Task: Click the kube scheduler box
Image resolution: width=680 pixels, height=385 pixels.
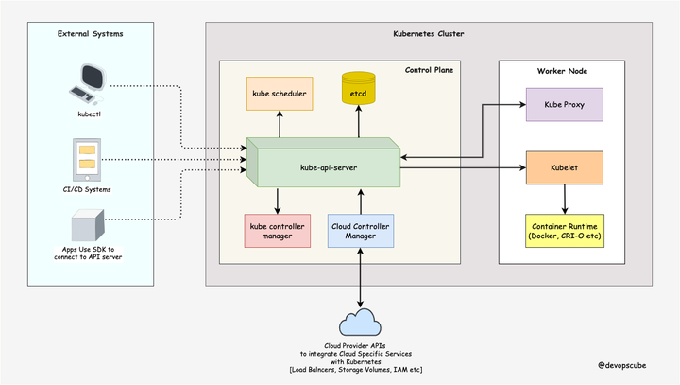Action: (278, 95)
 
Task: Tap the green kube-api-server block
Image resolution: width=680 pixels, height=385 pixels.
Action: (320, 164)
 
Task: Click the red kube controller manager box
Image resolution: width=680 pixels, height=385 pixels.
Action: (277, 231)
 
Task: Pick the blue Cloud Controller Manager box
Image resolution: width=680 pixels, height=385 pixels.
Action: (360, 231)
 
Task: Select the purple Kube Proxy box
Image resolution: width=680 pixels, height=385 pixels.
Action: (564, 104)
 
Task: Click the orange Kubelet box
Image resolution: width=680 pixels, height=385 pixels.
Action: (564, 166)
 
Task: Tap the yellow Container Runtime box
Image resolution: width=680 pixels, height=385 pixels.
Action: (564, 230)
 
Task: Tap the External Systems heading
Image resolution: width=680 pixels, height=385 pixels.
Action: (90, 34)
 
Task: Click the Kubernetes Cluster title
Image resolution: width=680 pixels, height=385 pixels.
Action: (428, 34)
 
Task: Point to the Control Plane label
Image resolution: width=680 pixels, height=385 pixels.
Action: (431, 70)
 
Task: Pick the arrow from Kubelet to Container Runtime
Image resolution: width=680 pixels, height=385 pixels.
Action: (564, 198)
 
